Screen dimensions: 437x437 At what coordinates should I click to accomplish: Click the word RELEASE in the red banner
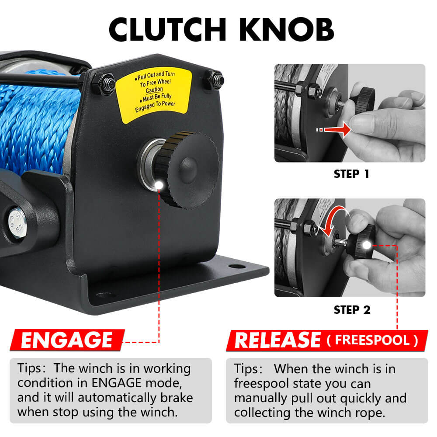click(x=277, y=340)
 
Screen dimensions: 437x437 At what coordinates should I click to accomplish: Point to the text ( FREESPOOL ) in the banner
click(x=371, y=340)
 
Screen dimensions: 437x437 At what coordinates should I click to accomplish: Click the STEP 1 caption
click(x=351, y=173)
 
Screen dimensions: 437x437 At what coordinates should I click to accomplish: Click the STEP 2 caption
click(x=352, y=310)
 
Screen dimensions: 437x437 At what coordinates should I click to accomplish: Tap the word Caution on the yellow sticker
click(x=154, y=90)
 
